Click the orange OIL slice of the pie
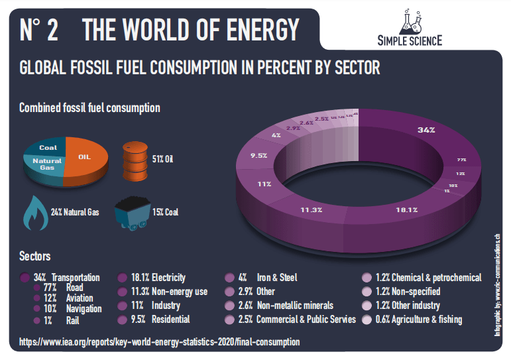tap(84, 158)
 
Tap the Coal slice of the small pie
tap(48, 147)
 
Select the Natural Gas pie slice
tap(46, 164)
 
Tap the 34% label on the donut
tap(426, 130)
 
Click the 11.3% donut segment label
tap(310, 210)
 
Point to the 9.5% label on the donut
tap(258, 156)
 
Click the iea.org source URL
tap(159, 342)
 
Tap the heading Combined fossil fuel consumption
tap(89, 107)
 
